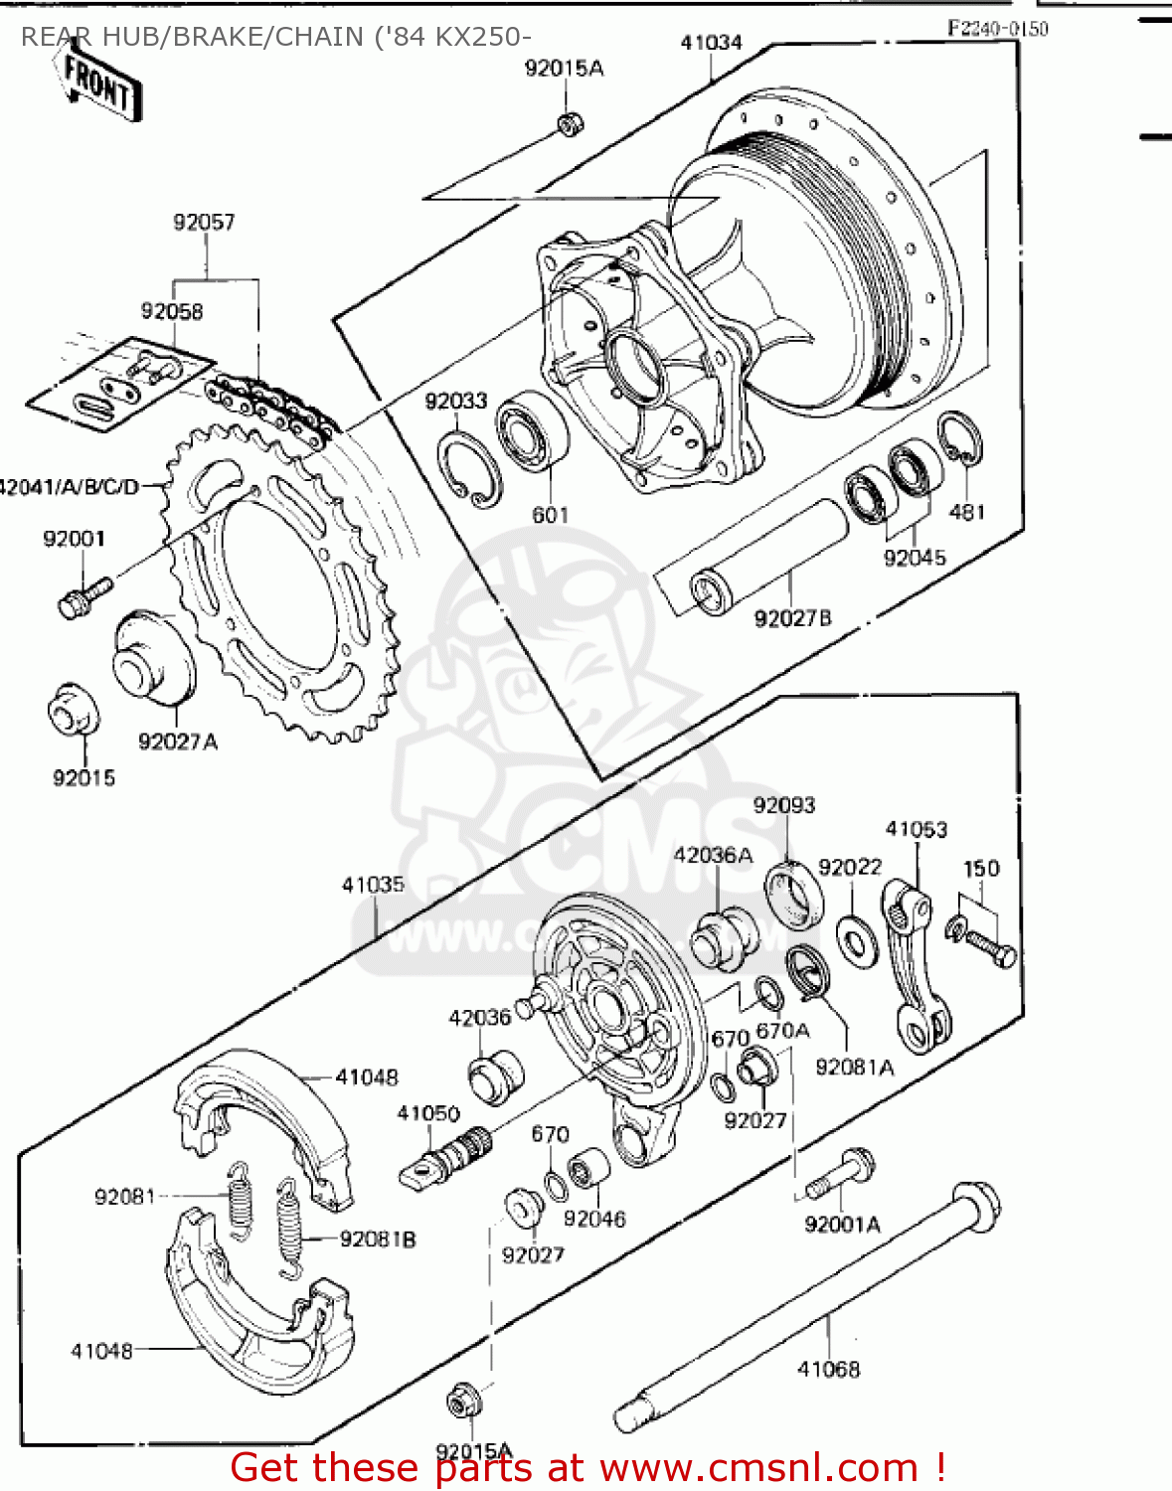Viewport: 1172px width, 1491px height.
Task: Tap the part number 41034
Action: tap(711, 43)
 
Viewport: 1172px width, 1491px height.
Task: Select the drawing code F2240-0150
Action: tap(997, 29)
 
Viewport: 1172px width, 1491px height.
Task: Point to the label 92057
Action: tap(204, 222)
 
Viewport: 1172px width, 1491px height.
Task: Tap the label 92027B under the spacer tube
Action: tap(792, 618)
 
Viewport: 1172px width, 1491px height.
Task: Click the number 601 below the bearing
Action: tap(550, 515)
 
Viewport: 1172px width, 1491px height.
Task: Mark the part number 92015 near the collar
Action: tap(84, 778)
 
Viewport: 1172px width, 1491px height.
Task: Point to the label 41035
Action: tap(373, 885)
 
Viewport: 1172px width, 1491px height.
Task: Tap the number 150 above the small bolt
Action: tap(981, 868)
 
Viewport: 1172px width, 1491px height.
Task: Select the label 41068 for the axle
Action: tap(828, 1369)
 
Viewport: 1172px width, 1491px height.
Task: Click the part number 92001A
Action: tap(842, 1224)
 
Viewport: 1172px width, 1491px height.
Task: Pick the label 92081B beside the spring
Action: tap(378, 1240)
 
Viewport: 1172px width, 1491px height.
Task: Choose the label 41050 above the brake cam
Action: tap(428, 1113)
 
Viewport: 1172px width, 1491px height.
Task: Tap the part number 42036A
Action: tap(713, 855)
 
